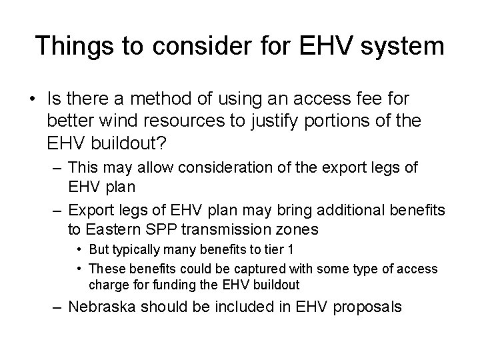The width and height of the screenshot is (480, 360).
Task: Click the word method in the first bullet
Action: coord(163,99)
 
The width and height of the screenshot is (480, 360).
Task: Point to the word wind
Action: coord(109,122)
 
